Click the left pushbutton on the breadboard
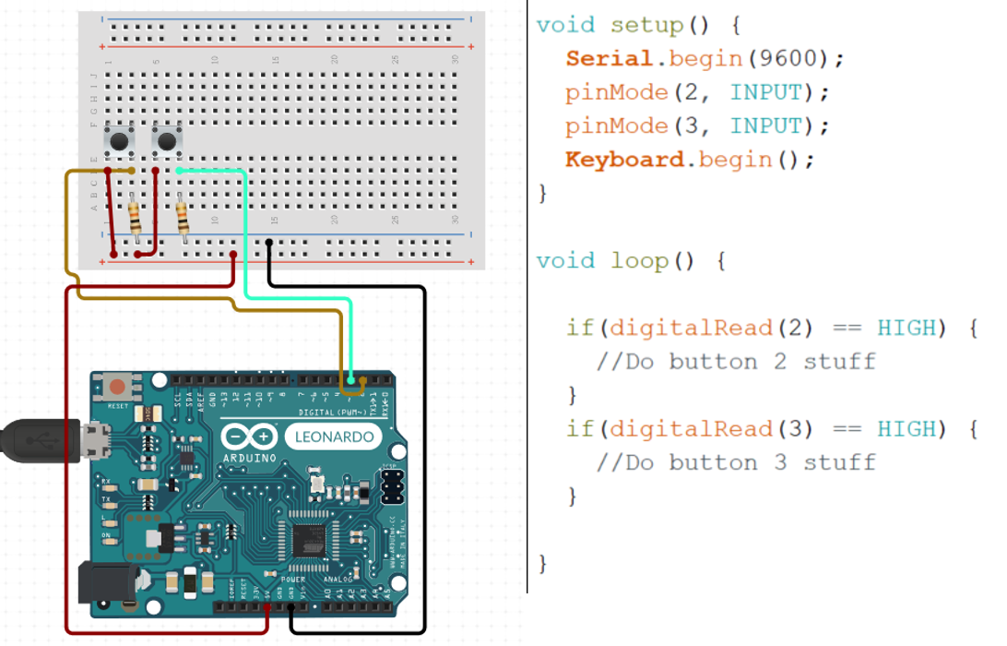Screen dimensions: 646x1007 tap(118, 141)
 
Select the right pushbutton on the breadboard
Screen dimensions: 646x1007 tap(166, 141)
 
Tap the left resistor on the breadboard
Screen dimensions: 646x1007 tap(136, 218)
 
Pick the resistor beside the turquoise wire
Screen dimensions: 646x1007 tap(182, 218)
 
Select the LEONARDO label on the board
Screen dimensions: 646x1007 tap(333, 437)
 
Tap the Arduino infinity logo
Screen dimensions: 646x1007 tap(249, 437)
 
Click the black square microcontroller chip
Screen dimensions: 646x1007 tap(312, 542)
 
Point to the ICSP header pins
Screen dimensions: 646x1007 tap(392, 485)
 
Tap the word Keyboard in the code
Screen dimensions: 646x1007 tap(624, 160)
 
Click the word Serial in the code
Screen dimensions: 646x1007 tap(609, 59)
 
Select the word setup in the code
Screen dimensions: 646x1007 tap(646, 26)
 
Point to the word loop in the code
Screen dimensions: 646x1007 tap(639, 261)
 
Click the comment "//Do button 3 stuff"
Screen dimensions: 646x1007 tap(735, 462)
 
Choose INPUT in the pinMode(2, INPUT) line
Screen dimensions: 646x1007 tap(765, 92)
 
